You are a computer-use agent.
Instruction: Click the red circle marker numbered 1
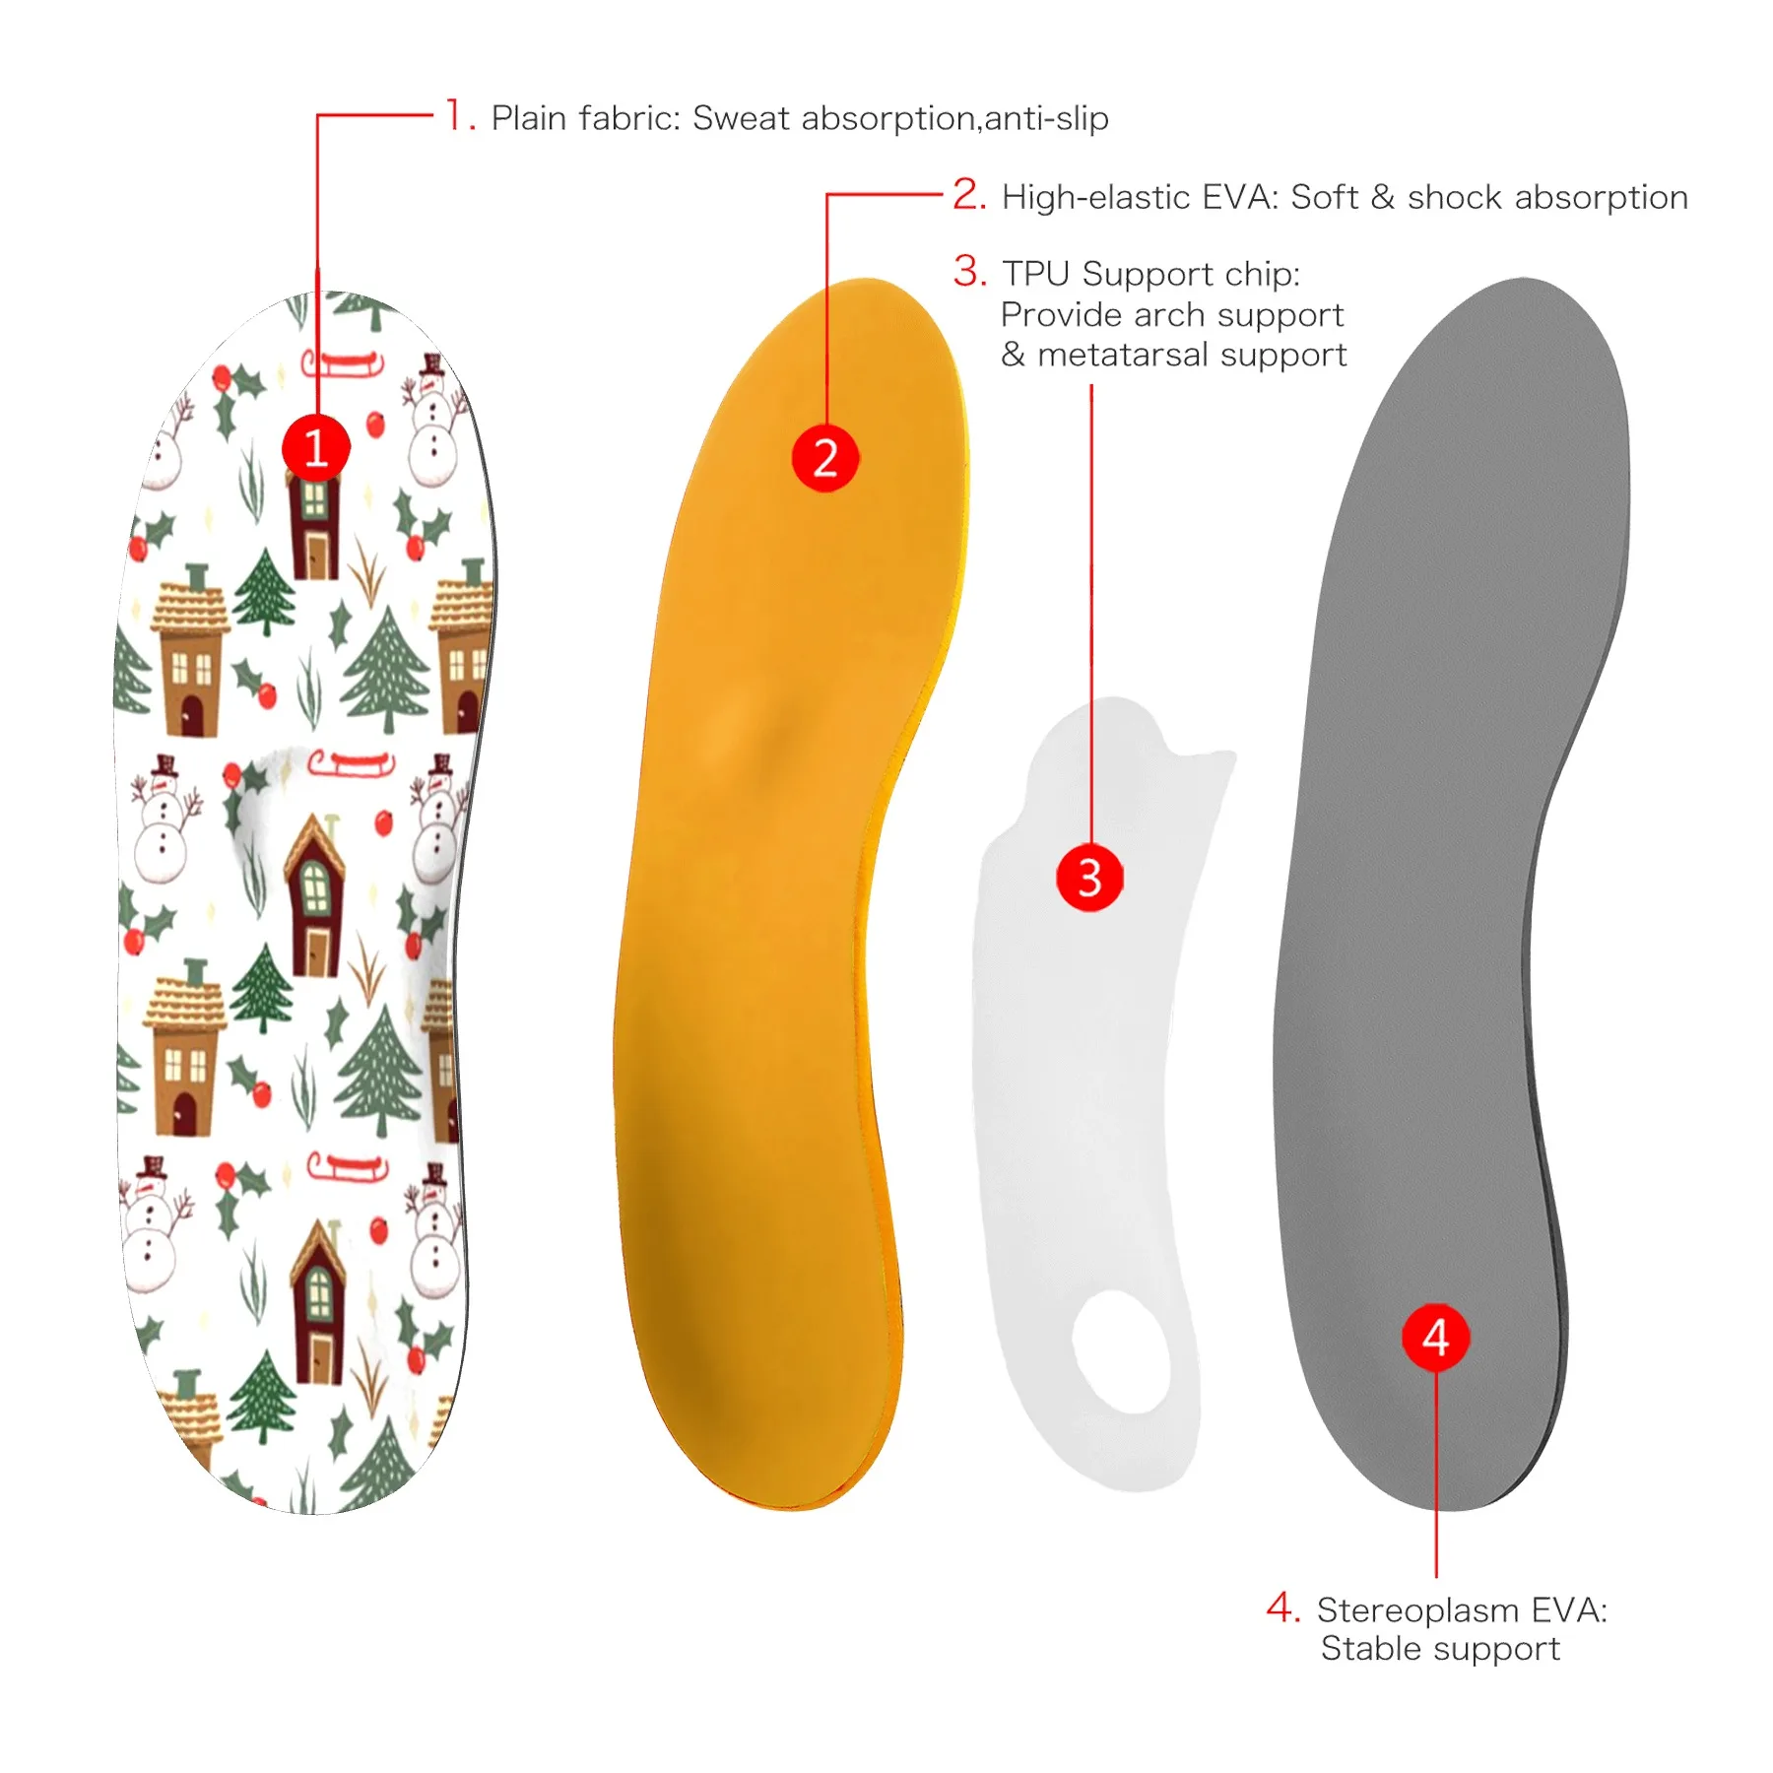pyautogui.click(x=315, y=447)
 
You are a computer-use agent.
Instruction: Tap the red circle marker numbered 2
pyautogui.click(x=825, y=458)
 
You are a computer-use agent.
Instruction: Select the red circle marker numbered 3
pyautogui.click(x=1089, y=877)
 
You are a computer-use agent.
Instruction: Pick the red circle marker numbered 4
pyautogui.click(x=1435, y=1337)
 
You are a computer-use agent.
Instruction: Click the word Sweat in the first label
pyautogui.click(x=741, y=118)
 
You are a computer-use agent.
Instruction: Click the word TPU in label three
pyautogui.click(x=1036, y=274)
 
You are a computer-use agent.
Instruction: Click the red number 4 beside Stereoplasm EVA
pyautogui.click(x=1281, y=1608)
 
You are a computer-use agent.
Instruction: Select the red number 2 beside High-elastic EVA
pyautogui.click(x=967, y=194)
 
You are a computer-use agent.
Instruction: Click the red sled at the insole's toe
pyautogui.click(x=342, y=363)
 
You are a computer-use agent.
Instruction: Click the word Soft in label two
pyautogui.click(x=1324, y=197)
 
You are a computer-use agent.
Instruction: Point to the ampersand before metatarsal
pyautogui.click(x=1013, y=355)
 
